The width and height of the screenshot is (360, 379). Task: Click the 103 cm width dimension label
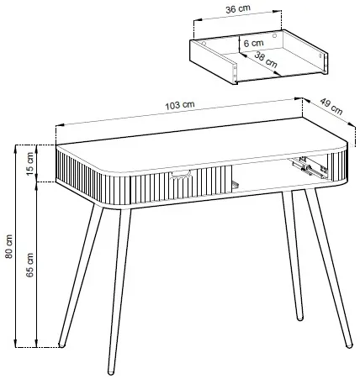point(180,105)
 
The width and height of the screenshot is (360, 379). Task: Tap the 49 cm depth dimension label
point(331,106)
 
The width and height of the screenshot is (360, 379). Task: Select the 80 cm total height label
point(9,246)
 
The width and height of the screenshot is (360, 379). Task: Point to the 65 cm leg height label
point(30,265)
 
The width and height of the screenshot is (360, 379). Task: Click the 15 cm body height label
point(30,163)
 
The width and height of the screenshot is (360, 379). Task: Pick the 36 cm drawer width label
point(238,9)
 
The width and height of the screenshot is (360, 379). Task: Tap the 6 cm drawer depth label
point(253,43)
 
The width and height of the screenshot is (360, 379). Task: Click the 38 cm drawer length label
point(266,60)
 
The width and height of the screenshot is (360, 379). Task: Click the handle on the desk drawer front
point(181,175)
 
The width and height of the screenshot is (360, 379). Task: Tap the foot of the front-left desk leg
point(111,372)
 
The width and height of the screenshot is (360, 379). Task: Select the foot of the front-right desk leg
point(349,345)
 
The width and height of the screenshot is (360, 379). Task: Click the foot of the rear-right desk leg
point(299,318)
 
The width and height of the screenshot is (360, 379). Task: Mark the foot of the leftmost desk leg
point(61,345)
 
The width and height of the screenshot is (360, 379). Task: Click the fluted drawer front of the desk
point(181,184)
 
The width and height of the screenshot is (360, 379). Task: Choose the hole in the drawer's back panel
point(274,35)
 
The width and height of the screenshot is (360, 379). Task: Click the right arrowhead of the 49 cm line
point(352,124)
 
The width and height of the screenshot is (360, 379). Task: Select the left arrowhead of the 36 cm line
point(198,20)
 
